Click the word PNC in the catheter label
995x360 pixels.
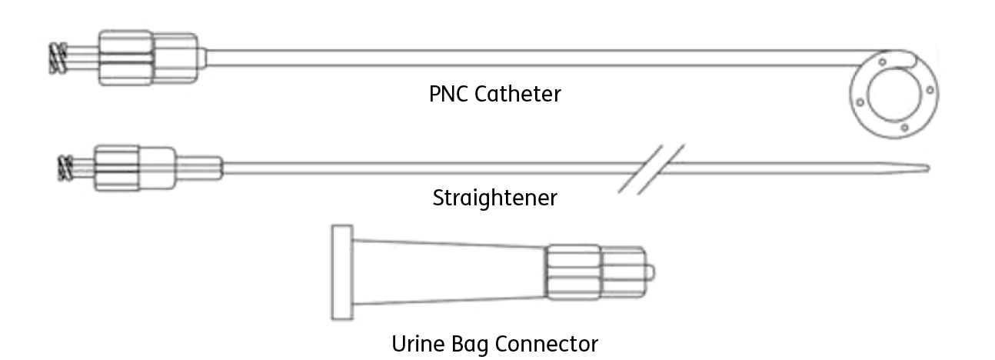coord(448,95)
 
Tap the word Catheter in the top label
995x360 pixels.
coord(517,95)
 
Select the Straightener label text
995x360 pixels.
coord(494,198)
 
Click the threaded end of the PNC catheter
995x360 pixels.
coord(57,58)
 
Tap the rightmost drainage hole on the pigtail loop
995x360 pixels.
coord(930,91)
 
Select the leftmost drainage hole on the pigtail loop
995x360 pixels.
coord(853,98)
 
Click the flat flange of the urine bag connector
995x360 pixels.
coord(341,272)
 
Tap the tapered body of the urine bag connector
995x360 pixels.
coord(446,272)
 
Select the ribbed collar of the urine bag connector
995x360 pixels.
coord(573,272)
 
